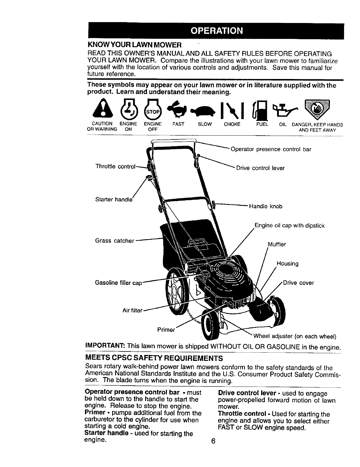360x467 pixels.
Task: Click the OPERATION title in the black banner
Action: point(217,31)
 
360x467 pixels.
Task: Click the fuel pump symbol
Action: point(262,110)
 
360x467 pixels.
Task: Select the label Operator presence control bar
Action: point(271,149)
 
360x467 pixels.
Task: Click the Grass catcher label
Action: point(114,241)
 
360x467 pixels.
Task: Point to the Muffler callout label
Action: point(276,244)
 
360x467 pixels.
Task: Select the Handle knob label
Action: point(266,206)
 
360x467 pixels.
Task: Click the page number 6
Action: point(214,441)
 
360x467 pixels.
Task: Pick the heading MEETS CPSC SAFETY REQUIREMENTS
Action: point(153,358)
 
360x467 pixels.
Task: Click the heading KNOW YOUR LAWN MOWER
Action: point(134,45)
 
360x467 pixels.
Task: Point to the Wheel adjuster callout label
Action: point(295,336)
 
